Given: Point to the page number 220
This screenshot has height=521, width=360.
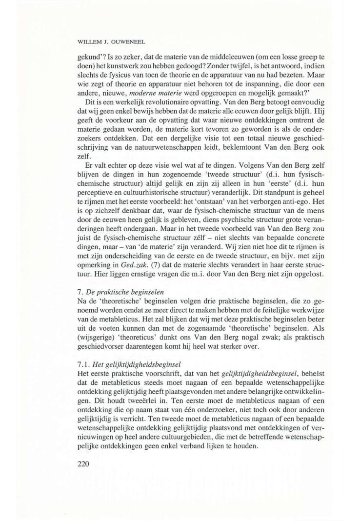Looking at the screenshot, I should [85, 463].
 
